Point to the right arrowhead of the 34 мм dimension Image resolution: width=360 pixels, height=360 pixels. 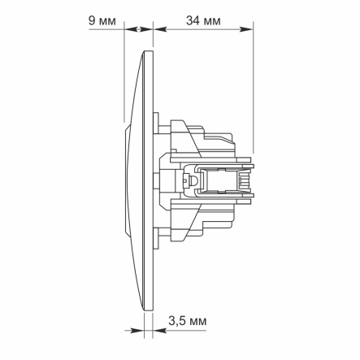[249, 29]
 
